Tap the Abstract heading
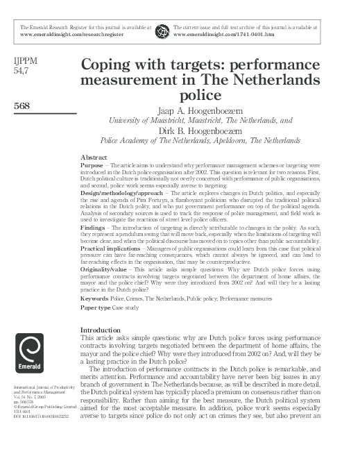[94, 158]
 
